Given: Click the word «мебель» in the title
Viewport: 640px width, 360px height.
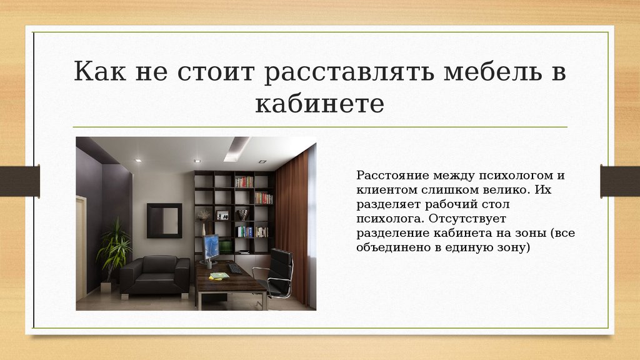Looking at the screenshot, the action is [x=492, y=71].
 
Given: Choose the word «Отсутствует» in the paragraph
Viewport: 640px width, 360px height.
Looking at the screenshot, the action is [x=467, y=218].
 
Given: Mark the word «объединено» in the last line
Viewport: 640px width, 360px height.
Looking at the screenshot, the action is [x=393, y=247].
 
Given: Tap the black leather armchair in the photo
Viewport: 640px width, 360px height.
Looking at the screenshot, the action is [x=155, y=275].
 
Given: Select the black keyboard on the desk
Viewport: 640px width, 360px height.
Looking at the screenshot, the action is [x=235, y=268].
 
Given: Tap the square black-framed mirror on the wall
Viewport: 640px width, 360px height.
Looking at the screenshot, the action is [x=164, y=221].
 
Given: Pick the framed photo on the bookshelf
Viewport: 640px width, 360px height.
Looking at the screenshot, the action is [x=223, y=215].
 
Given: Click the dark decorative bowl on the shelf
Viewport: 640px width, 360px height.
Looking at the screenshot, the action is [x=243, y=215].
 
